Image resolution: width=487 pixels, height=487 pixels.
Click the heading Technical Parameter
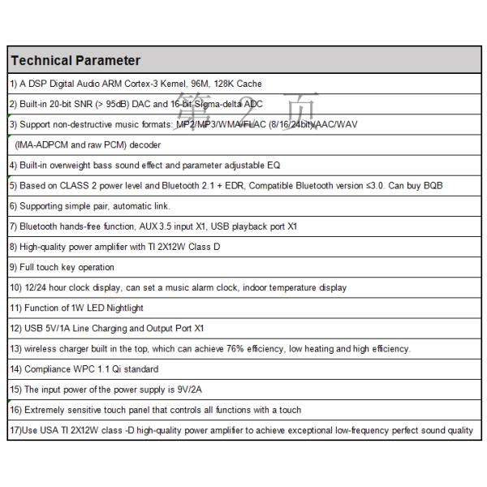click(x=75, y=61)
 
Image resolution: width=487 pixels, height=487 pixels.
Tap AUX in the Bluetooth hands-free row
click(x=151, y=226)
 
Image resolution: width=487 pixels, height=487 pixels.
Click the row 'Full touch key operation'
click(x=62, y=267)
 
